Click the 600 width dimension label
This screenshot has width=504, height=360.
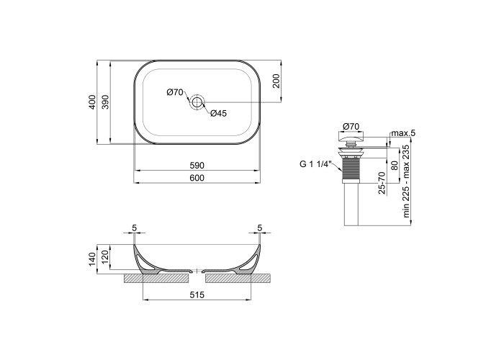(x=197, y=178)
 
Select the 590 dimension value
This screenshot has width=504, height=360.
(x=197, y=166)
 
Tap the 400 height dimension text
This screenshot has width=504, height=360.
(x=93, y=102)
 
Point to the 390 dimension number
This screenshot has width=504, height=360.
(x=105, y=102)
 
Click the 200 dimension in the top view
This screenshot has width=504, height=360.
(x=276, y=81)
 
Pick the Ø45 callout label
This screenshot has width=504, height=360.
(x=219, y=113)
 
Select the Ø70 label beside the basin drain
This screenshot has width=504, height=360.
(x=174, y=93)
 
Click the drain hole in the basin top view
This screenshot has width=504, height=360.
(x=197, y=102)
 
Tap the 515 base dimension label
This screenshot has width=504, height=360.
(x=197, y=294)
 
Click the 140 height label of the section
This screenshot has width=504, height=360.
(x=93, y=259)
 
